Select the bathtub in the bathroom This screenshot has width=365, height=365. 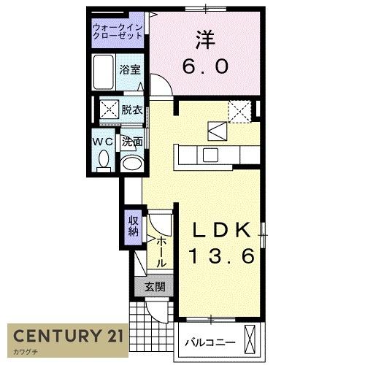105,71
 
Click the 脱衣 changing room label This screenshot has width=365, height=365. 132,110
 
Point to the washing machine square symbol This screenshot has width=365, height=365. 109,111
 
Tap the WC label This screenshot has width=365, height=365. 102,141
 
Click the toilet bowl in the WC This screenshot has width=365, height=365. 103,158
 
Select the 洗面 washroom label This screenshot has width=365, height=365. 132,141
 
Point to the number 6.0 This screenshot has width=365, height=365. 205,66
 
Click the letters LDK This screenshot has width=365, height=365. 223,230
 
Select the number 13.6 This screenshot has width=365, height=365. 223,256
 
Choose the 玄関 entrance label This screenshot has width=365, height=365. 153,287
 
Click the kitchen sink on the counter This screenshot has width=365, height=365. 211,154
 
